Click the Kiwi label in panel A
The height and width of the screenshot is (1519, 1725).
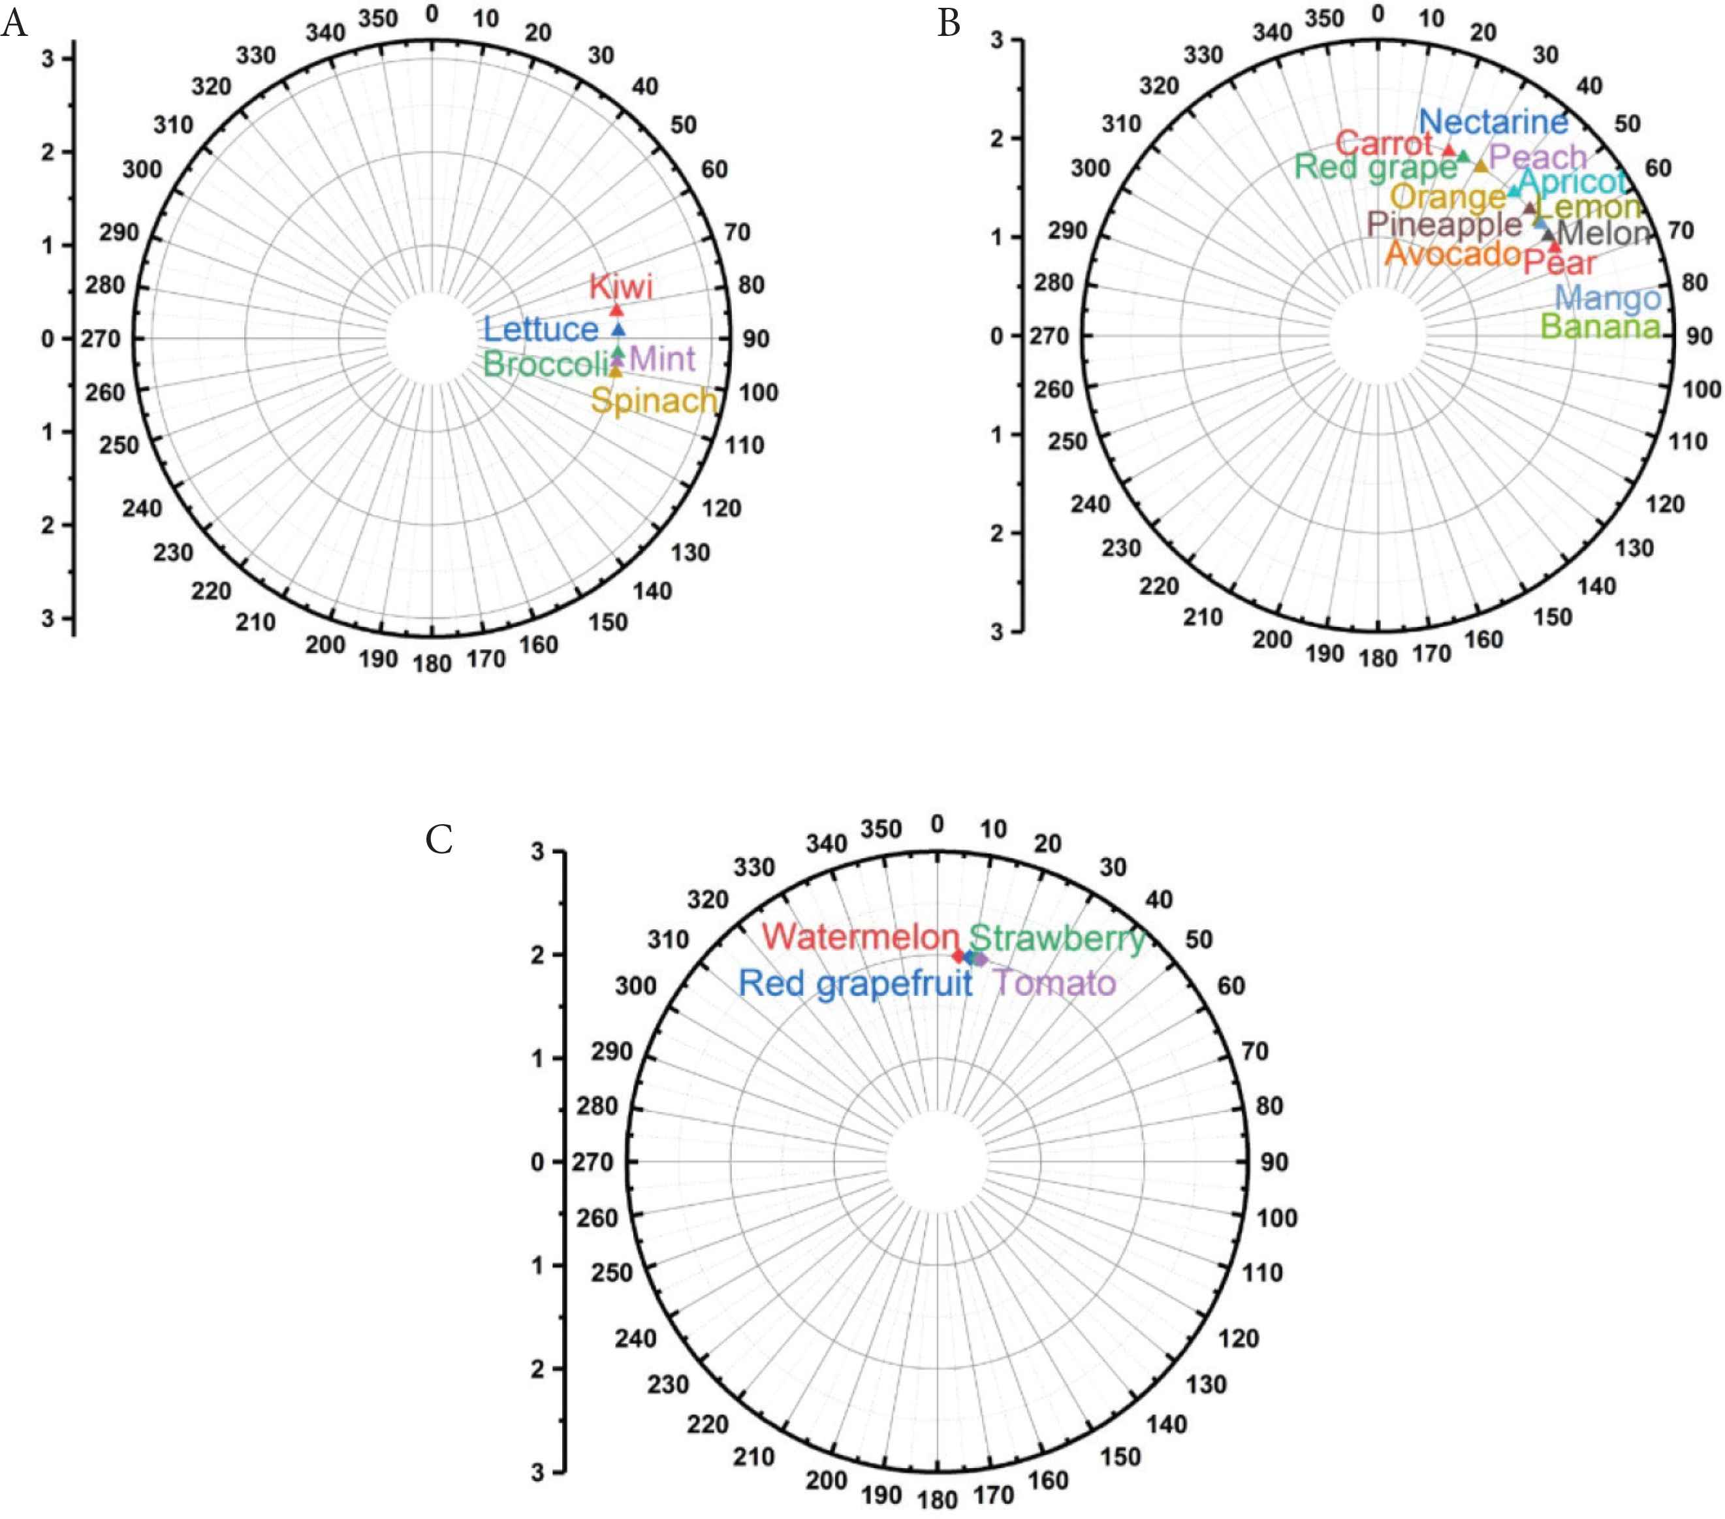621,286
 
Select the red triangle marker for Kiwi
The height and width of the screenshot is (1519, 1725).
617,310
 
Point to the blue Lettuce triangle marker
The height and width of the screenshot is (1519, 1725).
618,329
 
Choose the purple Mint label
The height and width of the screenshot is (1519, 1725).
663,359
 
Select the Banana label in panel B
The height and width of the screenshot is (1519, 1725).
1600,326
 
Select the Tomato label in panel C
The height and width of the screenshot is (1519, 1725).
1053,982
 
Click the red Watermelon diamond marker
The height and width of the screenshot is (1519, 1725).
958,956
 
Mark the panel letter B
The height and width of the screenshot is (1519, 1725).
949,24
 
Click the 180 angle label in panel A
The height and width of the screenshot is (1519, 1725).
432,664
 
